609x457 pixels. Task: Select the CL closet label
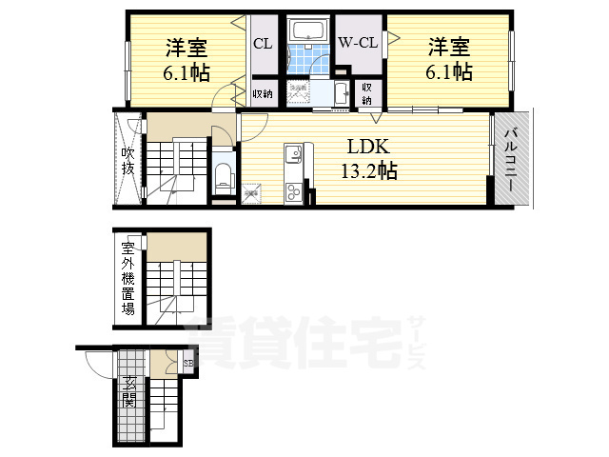(264, 42)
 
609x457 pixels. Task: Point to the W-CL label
(359, 42)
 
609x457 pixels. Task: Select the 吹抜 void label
(127, 160)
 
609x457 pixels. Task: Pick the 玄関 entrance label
(128, 392)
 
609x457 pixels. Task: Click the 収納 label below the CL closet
(264, 93)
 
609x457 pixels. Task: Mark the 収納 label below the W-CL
(367, 93)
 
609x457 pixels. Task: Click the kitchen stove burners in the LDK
(292, 193)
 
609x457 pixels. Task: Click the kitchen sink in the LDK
(292, 151)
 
